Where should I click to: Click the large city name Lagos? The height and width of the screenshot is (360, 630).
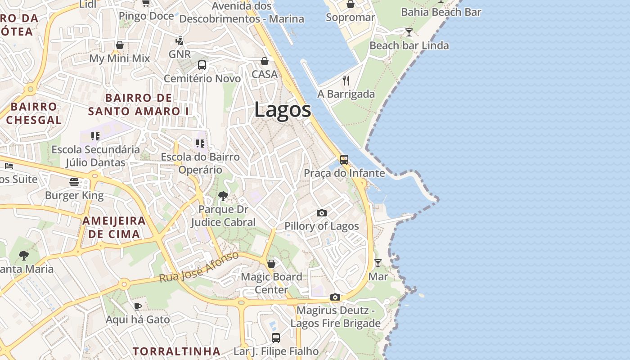point(282,110)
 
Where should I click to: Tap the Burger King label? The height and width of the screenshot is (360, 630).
point(74,195)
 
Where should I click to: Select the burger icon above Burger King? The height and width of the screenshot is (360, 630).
point(74,182)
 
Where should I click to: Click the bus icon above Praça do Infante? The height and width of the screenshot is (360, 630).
point(344,159)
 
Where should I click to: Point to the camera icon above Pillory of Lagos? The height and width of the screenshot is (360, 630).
point(321,213)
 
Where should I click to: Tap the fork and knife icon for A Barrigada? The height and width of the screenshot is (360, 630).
point(346,81)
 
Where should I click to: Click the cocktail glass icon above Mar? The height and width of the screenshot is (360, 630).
point(378,263)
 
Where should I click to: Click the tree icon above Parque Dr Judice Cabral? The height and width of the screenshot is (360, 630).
point(223,196)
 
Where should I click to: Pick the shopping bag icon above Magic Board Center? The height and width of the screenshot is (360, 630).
point(271,263)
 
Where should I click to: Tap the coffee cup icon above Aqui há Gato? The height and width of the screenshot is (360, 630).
point(138,306)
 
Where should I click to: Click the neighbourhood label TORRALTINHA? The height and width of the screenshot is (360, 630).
point(176,351)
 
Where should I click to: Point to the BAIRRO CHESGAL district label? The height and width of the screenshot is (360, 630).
point(34,113)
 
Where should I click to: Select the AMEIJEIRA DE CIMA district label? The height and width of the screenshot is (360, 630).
point(114,227)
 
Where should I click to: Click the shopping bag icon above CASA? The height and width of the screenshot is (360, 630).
point(265,61)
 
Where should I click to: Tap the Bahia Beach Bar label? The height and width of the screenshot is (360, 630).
point(441,12)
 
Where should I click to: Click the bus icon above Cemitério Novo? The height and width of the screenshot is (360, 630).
point(202,65)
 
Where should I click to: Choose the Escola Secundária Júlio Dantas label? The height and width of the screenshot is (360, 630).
point(95,156)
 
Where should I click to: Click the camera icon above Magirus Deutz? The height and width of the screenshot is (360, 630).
point(335,297)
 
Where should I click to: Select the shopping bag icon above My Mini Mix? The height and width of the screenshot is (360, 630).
point(120,45)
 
